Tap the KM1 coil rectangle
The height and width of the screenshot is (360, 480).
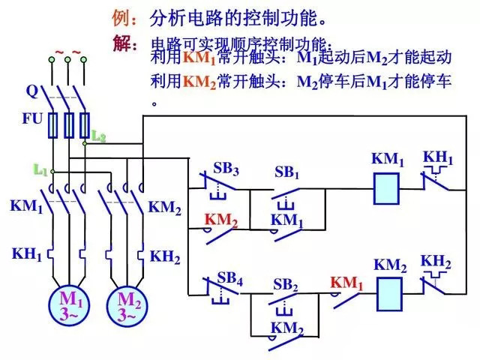(387, 187)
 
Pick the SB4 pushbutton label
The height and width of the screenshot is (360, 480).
(230, 280)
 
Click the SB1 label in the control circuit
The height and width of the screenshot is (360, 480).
(286, 173)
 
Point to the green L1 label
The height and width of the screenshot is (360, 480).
(40, 170)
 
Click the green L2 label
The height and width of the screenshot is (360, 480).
(98, 136)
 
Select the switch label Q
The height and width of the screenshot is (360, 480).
(31, 92)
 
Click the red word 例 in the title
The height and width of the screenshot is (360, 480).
(121, 16)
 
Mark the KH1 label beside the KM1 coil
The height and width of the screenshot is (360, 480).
(439, 157)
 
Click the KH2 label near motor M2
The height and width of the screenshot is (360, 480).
(165, 257)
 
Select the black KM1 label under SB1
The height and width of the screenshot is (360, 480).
(286, 220)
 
